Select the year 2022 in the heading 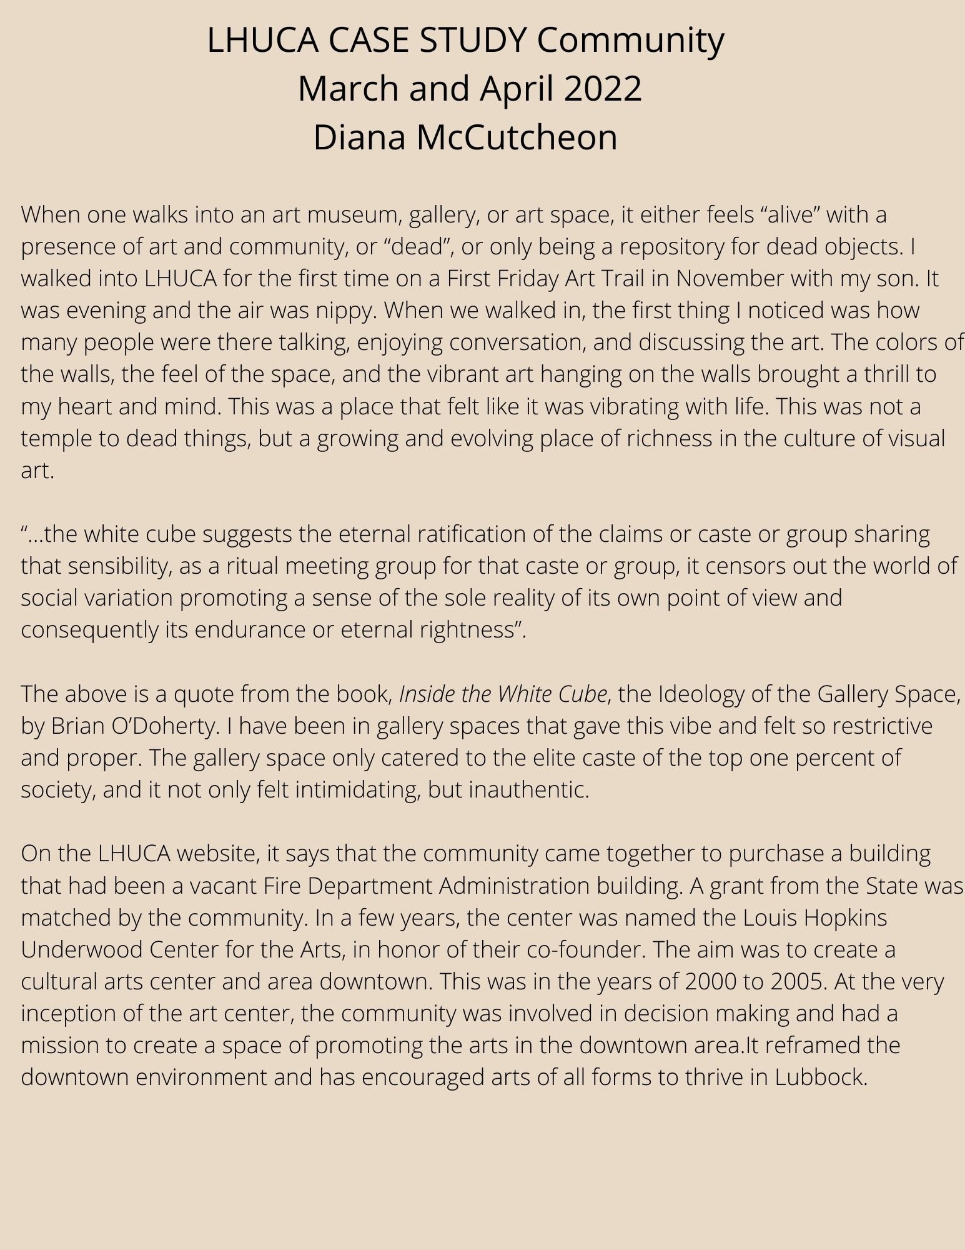click(603, 89)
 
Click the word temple click(59, 439)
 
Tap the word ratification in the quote click(477, 534)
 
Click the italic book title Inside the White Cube click(503, 694)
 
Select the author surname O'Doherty click(164, 726)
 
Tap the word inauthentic click(528, 790)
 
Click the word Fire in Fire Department click(282, 886)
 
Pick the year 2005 click(798, 982)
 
